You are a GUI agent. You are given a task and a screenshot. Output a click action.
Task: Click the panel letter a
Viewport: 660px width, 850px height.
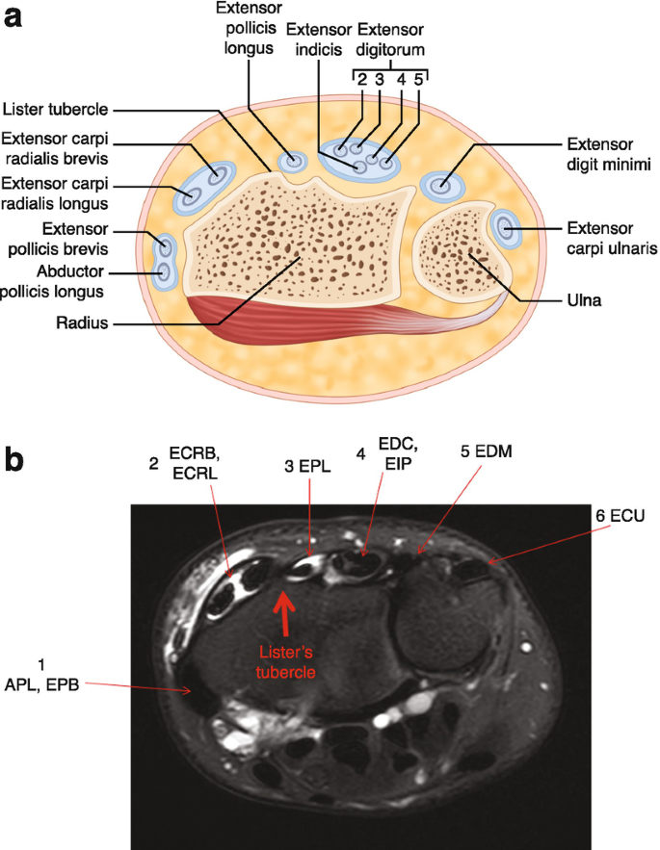point(13,16)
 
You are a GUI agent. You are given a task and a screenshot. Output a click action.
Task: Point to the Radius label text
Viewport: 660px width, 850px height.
point(80,325)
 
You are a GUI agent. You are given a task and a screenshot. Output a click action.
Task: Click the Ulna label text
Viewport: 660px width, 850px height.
point(584,300)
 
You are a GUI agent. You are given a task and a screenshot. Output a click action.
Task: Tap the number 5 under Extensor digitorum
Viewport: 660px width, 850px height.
point(418,81)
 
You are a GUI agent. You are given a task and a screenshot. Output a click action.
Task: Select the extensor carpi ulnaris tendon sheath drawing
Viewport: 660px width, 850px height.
point(505,227)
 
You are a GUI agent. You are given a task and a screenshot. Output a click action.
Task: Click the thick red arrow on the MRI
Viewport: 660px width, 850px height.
point(283,607)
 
